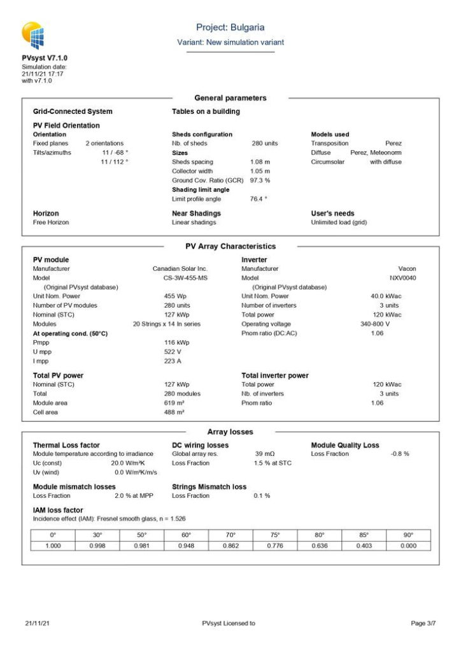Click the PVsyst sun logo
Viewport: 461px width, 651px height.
click(33, 36)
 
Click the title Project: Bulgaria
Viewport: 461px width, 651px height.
click(230, 27)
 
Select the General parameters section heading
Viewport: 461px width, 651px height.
click(230, 98)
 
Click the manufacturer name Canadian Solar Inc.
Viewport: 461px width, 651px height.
click(180, 269)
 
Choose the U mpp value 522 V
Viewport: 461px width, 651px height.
click(173, 352)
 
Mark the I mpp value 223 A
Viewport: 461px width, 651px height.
click(173, 361)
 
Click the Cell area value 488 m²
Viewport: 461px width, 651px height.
click(174, 412)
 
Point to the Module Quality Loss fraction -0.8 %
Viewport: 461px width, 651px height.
click(399, 454)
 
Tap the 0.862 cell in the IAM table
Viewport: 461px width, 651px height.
click(230, 545)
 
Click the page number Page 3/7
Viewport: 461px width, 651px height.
click(423, 623)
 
